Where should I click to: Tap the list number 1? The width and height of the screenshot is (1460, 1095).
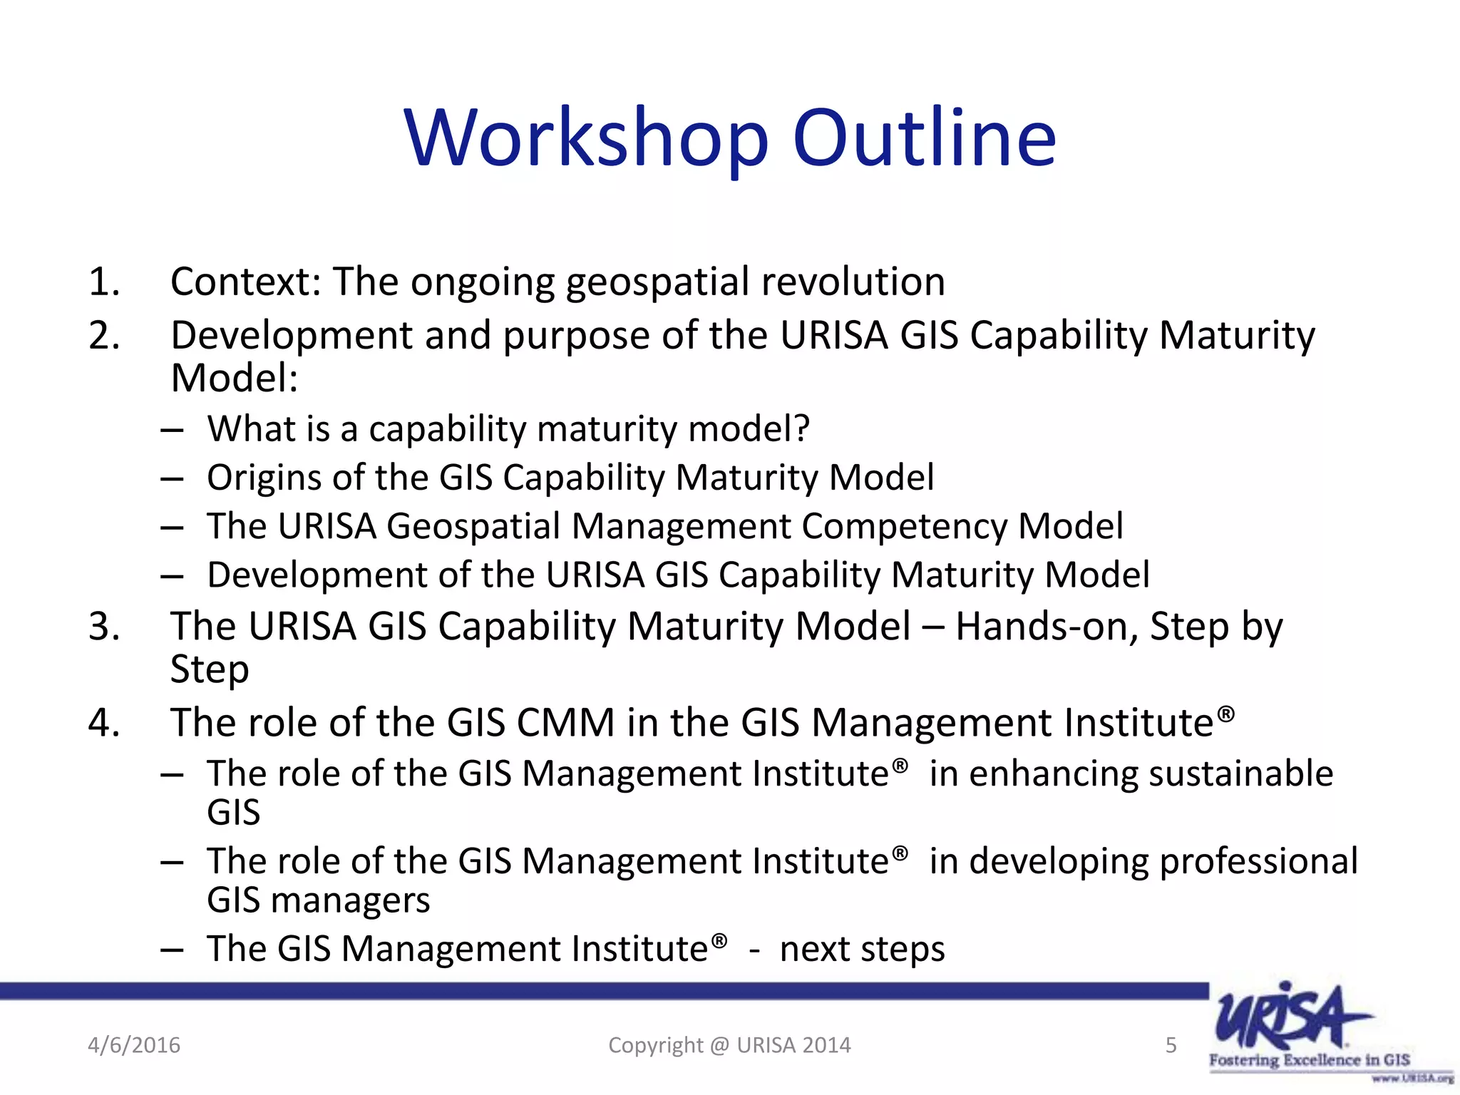pyautogui.click(x=103, y=282)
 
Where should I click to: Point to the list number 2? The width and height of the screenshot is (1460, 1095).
pyautogui.click(x=103, y=335)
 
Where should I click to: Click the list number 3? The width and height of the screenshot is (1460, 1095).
pyautogui.click(x=103, y=627)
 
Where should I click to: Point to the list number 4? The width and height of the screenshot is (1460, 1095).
pyautogui.click(x=103, y=723)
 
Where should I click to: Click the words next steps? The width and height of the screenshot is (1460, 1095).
pyautogui.click(x=862, y=950)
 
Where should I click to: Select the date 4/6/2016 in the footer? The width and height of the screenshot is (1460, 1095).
pyautogui.click(x=134, y=1045)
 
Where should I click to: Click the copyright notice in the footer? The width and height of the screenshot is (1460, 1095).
pyautogui.click(x=729, y=1045)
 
